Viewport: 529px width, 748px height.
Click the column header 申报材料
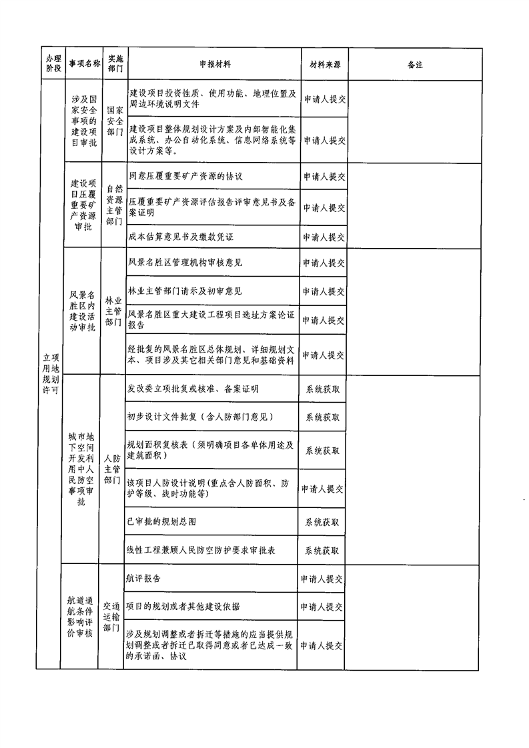[215, 64]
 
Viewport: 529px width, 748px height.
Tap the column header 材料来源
[325, 65]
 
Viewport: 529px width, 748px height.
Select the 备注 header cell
[415, 65]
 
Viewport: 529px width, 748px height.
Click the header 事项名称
[85, 63]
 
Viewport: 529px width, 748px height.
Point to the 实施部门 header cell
[115, 63]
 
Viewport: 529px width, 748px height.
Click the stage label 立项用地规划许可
[51, 373]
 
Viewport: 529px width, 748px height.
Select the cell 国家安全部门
[115, 121]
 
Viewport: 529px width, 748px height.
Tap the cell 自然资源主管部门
[115, 205]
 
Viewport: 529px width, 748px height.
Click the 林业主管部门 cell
[113, 311]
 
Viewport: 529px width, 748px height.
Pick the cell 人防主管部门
[112, 469]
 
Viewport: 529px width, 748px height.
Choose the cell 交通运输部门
[111, 617]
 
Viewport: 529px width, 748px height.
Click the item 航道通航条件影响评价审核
[80, 617]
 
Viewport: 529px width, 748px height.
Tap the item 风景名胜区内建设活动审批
[82, 311]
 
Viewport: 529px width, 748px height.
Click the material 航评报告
[143, 579]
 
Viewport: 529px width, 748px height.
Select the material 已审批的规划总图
[161, 521]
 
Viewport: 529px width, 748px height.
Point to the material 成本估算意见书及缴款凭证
[181, 237]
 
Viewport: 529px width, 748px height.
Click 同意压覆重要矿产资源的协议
[185, 176]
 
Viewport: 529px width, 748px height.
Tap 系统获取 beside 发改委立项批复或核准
[323, 389]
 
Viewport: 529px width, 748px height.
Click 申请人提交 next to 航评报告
[322, 579]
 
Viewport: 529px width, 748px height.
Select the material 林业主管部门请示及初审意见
[185, 291]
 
